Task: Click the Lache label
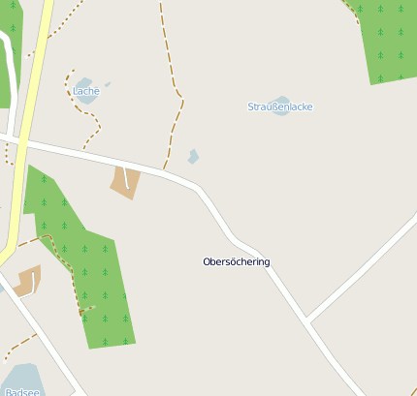(x=86, y=92)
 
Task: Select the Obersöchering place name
(x=237, y=262)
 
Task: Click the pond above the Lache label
(x=84, y=83)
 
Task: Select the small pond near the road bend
(x=194, y=156)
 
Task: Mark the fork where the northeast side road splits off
(x=307, y=320)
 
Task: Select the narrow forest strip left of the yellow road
(x=6, y=68)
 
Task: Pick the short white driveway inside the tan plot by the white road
(x=127, y=179)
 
